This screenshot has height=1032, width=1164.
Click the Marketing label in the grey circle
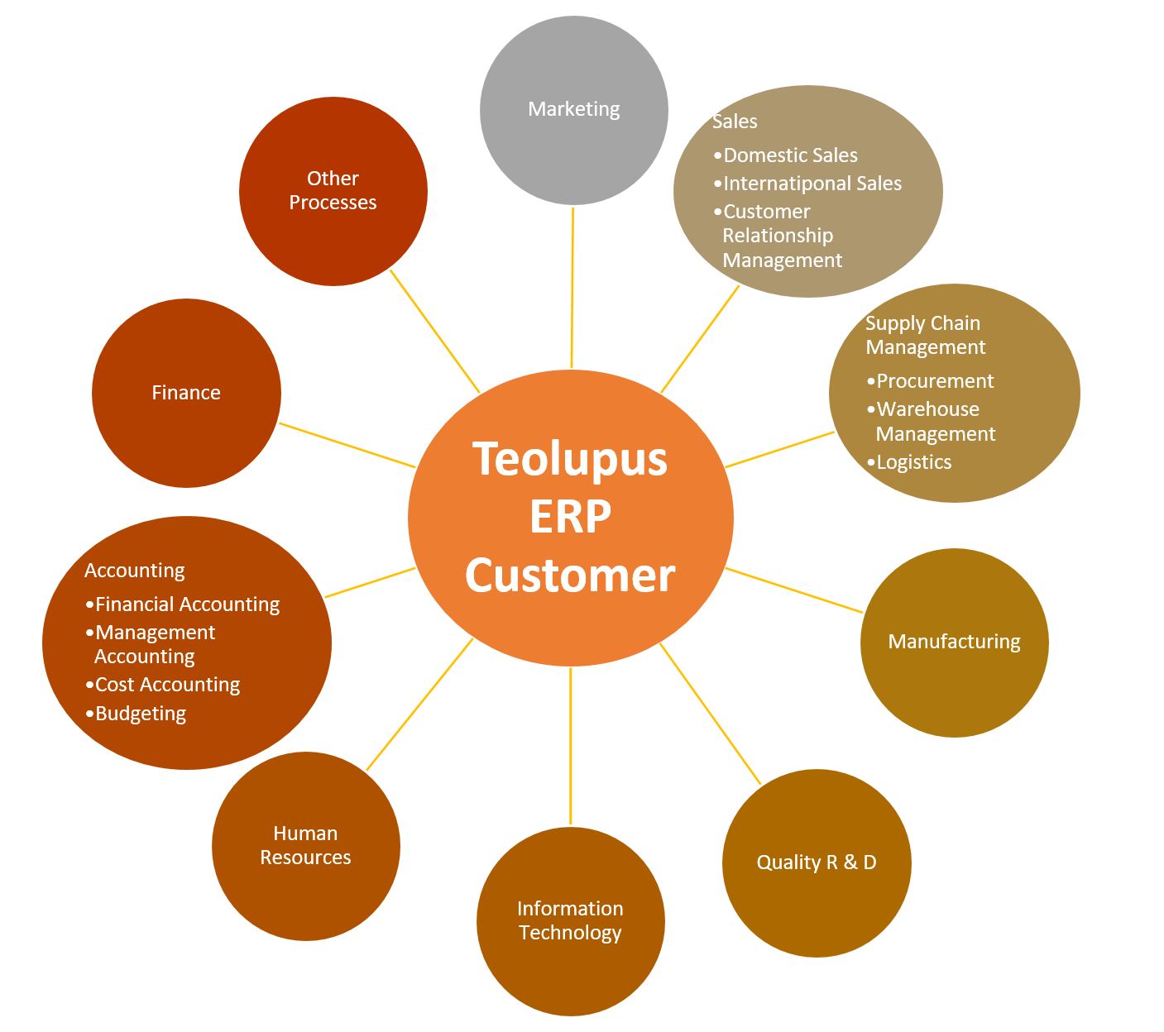(x=573, y=109)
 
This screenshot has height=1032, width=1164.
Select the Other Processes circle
(x=333, y=190)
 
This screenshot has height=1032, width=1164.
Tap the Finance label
(x=186, y=393)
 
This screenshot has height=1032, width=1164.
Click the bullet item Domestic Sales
(x=790, y=155)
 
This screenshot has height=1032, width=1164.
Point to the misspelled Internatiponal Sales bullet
(x=812, y=184)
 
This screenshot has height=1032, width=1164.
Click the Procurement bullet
(x=935, y=381)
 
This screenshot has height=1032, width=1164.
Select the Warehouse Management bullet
(x=935, y=422)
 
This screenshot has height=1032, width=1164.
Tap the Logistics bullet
(x=913, y=462)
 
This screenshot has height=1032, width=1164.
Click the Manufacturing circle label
(x=954, y=642)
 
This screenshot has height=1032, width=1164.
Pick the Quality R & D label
(x=817, y=862)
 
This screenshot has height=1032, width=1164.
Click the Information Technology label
(x=570, y=920)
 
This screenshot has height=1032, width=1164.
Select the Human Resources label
(x=305, y=845)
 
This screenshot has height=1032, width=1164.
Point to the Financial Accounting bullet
(x=187, y=604)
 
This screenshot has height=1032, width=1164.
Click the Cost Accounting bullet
(x=167, y=685)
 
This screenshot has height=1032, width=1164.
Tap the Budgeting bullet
(x=141, y=714)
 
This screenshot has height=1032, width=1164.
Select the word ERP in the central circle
(x=570, y=517)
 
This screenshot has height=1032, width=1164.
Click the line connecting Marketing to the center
(x=572, y=289)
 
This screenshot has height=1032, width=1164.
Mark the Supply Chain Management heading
(x=924, y=335)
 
